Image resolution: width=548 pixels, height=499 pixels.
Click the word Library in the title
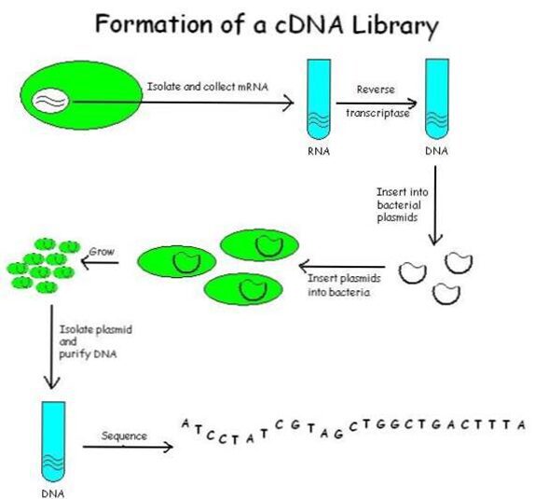[395, 26]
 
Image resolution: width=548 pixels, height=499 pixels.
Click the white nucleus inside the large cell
[50, 101]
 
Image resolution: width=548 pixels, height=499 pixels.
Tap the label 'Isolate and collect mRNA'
[208, 87]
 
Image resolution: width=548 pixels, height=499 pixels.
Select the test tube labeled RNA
[319, 99]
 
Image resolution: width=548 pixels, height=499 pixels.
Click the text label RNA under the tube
[319, 151]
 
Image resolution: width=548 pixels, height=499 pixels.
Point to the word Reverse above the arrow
[376, 90]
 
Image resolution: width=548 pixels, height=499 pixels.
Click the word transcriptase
[377, 113]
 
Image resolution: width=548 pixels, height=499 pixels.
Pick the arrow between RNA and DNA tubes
[377, 104]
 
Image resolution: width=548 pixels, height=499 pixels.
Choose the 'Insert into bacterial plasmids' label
[402, 204]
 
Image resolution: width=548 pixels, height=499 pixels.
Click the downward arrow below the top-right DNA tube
[435, 205]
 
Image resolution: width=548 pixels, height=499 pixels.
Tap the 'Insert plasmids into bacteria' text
[344, 285]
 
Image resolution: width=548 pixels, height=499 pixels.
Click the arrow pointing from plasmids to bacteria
[342, 267]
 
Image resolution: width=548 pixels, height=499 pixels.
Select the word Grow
[102, 252]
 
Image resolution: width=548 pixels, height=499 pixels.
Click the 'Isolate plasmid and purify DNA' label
[95, 341]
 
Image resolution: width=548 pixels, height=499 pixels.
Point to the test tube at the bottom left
[53, 442]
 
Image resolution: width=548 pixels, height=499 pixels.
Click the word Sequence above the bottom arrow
[124, 436]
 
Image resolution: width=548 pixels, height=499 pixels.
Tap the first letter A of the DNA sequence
[185, 423]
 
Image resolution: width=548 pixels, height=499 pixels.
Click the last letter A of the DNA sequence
[522, 425]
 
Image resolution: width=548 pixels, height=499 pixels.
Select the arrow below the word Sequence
[128, 447]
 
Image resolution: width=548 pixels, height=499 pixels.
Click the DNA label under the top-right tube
[436, 151]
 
